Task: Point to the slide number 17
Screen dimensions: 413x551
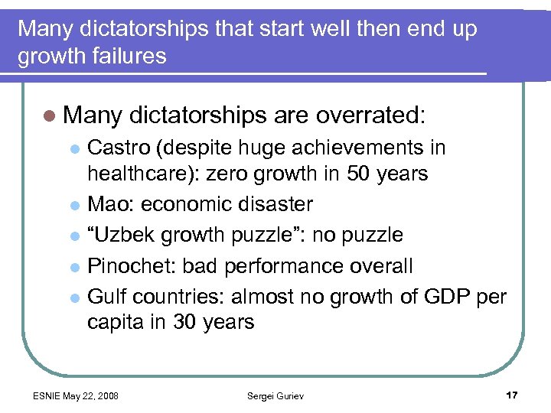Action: [x=511, y=395]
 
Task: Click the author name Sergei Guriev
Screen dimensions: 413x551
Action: [x=275, y=395]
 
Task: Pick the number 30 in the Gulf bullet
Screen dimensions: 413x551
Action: [x=181, y=322]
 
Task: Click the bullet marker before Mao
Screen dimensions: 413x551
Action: [x=74, y=206]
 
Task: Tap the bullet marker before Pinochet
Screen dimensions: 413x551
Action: [x=74, y=267]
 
